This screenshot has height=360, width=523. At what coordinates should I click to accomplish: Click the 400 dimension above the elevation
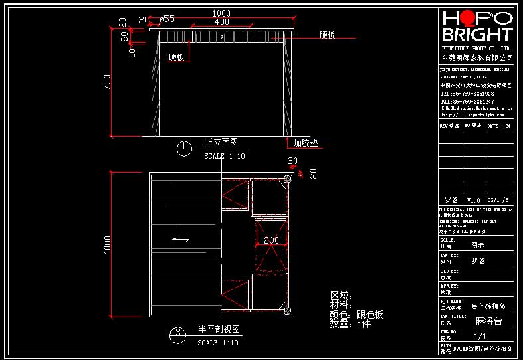tap(222, 21)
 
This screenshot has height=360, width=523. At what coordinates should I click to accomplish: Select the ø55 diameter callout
tap(167, 19)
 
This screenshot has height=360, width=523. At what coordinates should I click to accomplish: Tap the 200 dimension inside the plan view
tap(271, 240)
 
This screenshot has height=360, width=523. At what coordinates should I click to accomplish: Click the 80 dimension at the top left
tap(124, 37)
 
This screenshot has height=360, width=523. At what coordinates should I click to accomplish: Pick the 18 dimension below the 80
tap(132, 52)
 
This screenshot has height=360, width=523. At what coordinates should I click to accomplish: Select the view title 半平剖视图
tap(219, 329)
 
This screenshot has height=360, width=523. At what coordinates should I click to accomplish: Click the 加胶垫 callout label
tap(305, 142)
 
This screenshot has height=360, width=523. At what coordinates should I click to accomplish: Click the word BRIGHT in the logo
tap(477, 35)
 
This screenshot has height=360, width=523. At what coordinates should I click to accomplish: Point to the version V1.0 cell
tap(473, 200)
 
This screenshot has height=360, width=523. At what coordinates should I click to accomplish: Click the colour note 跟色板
tap(370, 314)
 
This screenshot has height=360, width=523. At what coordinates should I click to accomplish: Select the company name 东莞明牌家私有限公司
tap(477, 58)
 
